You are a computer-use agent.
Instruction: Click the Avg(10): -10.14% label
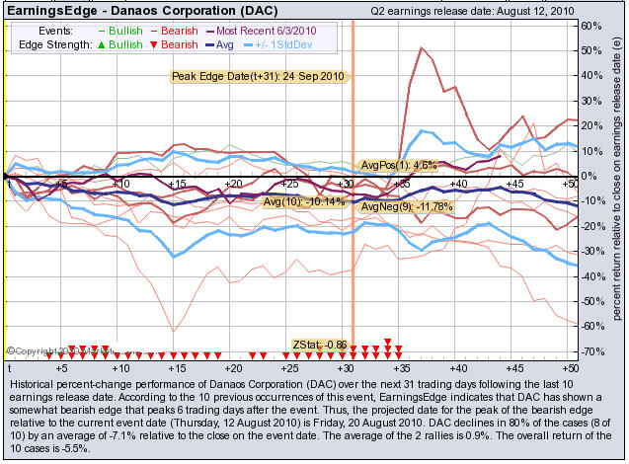[304, 201]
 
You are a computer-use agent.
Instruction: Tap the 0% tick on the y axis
[590, 176]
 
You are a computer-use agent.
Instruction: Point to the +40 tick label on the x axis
[458, 185]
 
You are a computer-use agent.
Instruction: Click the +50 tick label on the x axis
[569, 185]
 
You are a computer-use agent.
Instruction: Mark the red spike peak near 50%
[422, 48]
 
